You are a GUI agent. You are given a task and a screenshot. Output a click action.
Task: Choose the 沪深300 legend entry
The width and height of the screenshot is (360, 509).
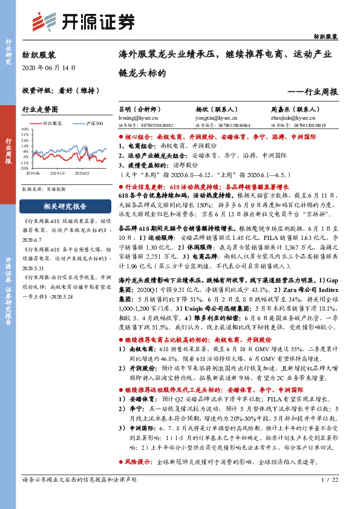90,124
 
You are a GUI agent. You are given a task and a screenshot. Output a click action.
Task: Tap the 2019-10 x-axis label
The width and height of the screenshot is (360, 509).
57,173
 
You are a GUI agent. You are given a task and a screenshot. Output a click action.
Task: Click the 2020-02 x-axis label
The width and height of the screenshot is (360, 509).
82,173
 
